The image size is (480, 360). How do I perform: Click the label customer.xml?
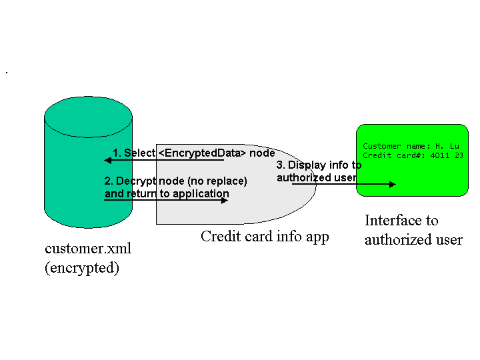tap(88, 249)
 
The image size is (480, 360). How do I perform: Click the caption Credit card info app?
tap(265, 236)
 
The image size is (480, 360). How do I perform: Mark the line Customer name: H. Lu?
tap(411, 146)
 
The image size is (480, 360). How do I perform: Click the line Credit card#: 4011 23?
tap(413, 155)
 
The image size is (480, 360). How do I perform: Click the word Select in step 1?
tap(139, 153)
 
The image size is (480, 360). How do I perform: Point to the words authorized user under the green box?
tap(413, 240)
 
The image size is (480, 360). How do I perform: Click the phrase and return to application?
tap(167, 194)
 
